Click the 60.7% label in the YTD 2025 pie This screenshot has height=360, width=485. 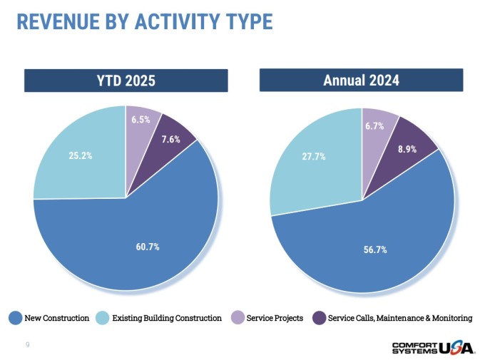click(148, 247)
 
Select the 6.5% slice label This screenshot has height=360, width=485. click(141, 120)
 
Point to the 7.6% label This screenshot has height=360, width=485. click(170, 140)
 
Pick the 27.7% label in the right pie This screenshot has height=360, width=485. click(313, 156)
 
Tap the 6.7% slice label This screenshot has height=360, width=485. click(374, 126)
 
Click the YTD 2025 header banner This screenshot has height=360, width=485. click(126, 81)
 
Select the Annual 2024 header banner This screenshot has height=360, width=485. click(361, 81)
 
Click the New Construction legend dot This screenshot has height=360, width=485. click(14, 318)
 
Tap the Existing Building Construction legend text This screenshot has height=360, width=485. click(167, 318)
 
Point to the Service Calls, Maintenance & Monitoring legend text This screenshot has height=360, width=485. click(399, 318)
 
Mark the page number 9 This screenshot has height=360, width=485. click(27, 345)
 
